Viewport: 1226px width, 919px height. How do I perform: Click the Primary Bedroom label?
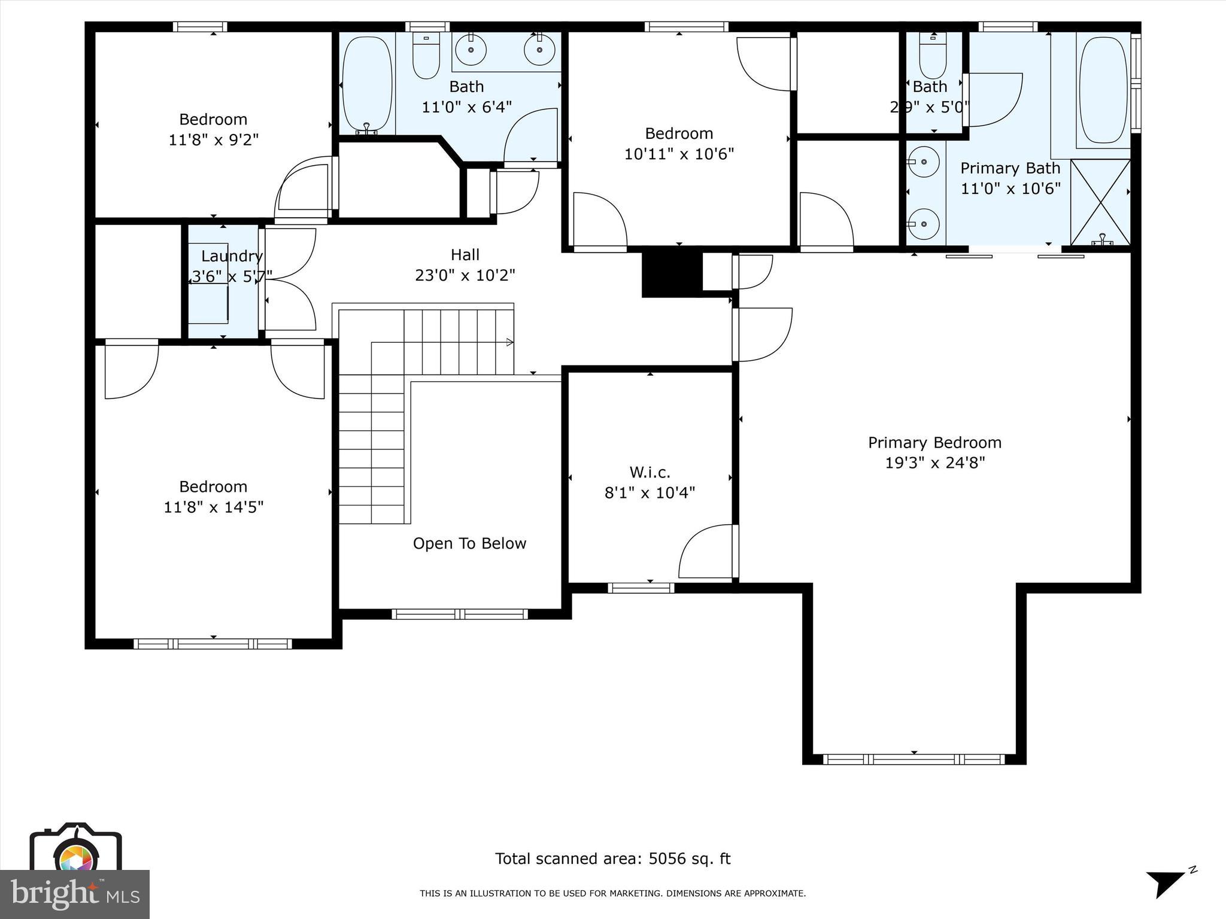[x=934, y=443]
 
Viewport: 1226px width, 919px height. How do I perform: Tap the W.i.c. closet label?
[x=650, y=473]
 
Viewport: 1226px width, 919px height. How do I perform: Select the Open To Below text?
[x=469, y=543]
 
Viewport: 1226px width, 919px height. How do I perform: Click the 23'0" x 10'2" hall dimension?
[x=465, y=275]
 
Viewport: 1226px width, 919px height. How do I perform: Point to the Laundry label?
[x=232, y=256]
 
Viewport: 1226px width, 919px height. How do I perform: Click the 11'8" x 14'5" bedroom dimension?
[x=214, y=507]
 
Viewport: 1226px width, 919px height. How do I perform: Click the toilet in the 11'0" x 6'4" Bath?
[x=426, y=57]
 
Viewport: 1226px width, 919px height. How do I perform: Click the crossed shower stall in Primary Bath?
[x=1100, y=202]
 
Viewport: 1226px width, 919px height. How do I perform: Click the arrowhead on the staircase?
[x=509, y=342]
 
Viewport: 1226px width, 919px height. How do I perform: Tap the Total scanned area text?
[x=612, y=859]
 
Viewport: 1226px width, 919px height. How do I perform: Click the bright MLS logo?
[x=75, y=894]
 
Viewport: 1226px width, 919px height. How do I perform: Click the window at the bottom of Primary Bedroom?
[x=914, y=759]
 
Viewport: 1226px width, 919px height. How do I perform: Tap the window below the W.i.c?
[x=641, y=588]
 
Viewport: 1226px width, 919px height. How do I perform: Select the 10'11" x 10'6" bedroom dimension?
[x=679, y=154]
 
